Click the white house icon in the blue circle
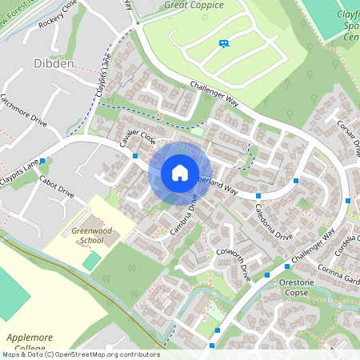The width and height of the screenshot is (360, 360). click(x=179, y=173)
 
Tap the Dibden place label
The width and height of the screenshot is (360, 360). click(x=54, y=64)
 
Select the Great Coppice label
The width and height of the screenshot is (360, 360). click(x=194, y=5)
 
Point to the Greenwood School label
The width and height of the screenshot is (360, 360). click(x=87, y=235)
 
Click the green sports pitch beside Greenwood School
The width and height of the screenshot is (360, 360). click(x=92, y=261)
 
